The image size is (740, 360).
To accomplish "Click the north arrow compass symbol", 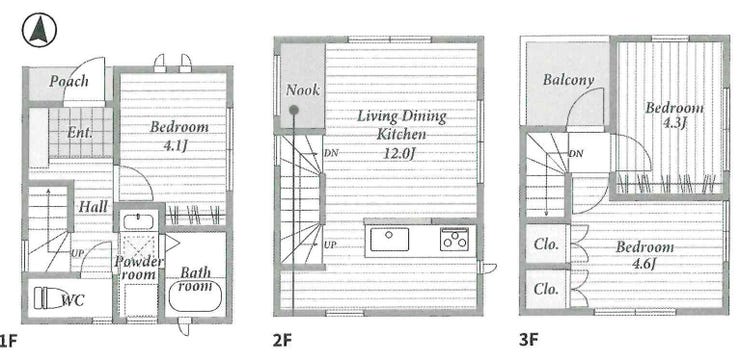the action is (39, 30).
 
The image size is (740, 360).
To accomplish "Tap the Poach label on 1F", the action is (69, 81).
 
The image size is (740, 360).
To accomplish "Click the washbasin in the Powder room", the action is (137, 222).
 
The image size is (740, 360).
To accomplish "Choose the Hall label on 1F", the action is (93, 206).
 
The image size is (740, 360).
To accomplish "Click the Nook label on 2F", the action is (303, 90).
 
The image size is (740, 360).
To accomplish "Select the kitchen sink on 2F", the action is (389, 239).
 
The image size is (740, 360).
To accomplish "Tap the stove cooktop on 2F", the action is (454, 239).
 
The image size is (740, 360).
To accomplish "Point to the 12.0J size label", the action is (401, 153).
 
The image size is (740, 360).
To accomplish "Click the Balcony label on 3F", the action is (568, 79).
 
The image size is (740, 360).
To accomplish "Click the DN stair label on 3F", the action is (575, 153).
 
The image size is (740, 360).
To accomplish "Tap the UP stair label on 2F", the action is (329, 245).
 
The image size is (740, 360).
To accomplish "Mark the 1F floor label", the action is (9, 341).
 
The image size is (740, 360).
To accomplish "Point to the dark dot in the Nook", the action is (294, 110).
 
